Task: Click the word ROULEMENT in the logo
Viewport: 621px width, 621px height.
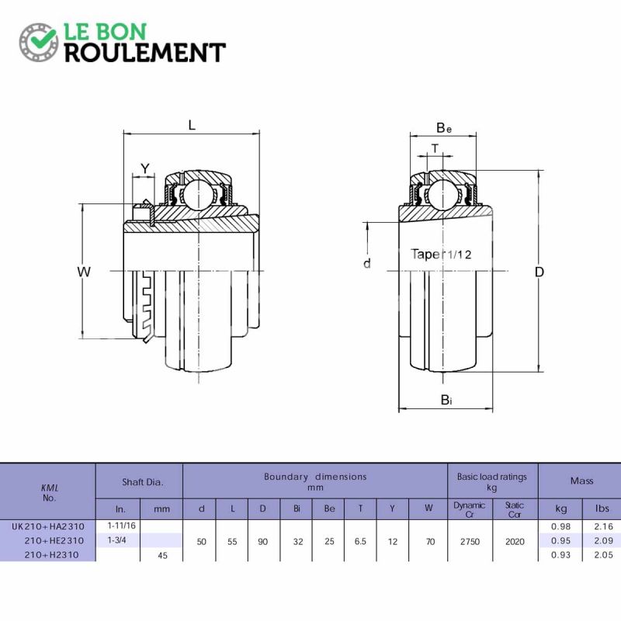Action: pos(145,53)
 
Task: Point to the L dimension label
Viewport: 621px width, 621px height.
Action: pos(192,126)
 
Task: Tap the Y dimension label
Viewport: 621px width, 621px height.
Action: pos(145,168)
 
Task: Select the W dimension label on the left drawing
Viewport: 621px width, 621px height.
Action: pos(84,272)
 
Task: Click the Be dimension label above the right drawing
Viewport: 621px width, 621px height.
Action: pos(444,128)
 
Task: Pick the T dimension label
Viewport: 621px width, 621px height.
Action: pos(435,148)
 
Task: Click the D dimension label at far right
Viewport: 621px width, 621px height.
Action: pos(539,272)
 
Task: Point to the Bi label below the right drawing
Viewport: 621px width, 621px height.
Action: pos(446,400)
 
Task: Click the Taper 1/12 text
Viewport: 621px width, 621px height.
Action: pos(441,255)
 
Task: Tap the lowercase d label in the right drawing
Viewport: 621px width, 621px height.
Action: pos(367,263)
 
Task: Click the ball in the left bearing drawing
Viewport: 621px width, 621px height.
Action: pos(197,193)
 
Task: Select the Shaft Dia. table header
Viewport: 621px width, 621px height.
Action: pos(143,482)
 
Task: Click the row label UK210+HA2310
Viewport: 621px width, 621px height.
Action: pos(48,526)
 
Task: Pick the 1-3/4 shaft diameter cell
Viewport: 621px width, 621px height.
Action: pos(117,540)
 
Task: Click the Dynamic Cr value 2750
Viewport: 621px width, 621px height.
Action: pos(470,541)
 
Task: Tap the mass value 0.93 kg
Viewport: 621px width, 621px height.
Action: pos(560,555)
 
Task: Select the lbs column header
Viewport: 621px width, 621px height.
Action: pos(602,508)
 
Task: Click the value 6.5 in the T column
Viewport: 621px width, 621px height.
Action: pos(360,541)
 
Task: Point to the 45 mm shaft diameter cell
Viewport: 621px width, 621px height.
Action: pos(162,555)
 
